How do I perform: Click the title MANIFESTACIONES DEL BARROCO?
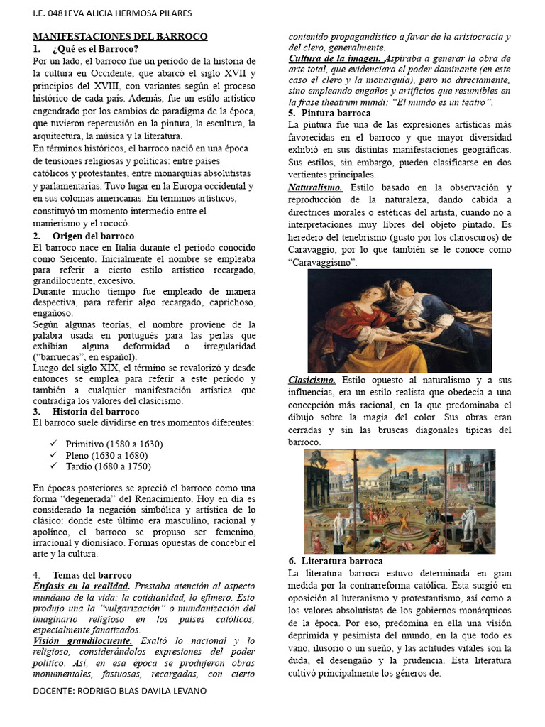pos(120,36)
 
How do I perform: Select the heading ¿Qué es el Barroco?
pos(95,49)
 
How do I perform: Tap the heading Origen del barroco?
pos(93,236)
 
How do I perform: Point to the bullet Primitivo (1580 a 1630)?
pos(114,444)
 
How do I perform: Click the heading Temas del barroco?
pos(92,574)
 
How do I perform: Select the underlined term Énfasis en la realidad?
pos(81,586)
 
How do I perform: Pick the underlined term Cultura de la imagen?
pos(335,58)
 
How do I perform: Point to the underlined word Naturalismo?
pos(315,187)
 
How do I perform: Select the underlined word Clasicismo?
pos(312,381)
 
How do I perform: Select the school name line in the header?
pos(112,13)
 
